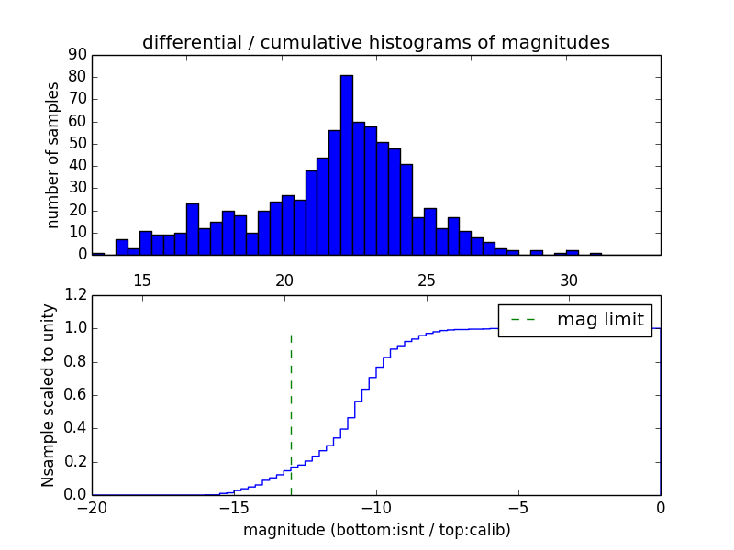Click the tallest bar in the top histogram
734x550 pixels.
(346, 165)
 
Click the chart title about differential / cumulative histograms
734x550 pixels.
(376, 42)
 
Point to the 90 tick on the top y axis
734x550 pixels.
(77, 55)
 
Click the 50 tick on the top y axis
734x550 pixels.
(77, 144)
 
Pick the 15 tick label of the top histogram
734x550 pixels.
(142, 280)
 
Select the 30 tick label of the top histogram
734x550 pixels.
(569, 280)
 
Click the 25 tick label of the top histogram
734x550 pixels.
(427, 280)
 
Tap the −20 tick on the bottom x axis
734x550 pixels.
(92, 508)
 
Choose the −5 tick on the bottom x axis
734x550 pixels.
(518, 508)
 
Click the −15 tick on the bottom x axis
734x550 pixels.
(234, 508)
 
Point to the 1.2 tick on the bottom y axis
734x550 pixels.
(75, 295)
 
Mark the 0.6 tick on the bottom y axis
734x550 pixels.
(75, 395)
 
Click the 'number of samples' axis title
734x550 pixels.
(53, 155)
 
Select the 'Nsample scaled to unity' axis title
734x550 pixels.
(48, 395)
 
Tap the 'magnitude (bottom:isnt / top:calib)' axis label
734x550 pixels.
(376, 530)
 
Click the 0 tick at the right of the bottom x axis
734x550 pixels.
(661, 508)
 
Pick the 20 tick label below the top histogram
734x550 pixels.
(284, 280)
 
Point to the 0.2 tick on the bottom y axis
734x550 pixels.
(75, 462)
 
